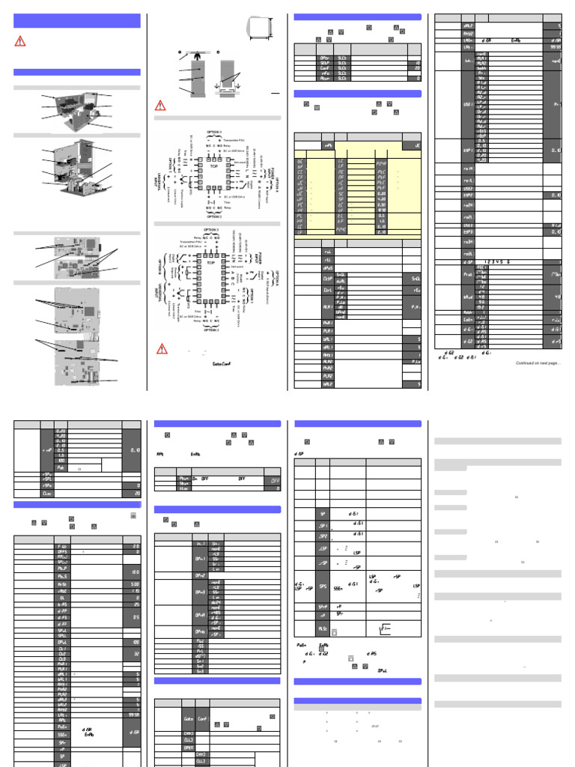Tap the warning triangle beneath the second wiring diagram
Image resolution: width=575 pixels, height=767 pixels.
tap(162, 349)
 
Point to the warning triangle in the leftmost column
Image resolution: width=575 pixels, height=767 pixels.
tap(21, 42)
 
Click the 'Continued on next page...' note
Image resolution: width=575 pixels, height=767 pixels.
tap(538, 364)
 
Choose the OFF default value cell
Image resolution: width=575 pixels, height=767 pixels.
tap(275, 481)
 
